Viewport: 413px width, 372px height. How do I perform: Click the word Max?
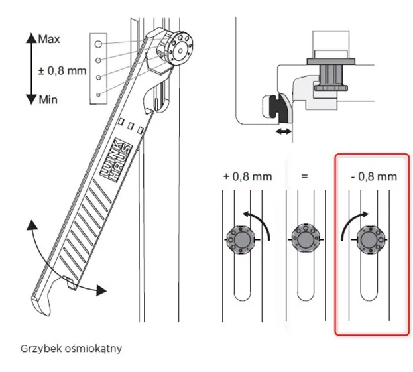[x=49, y=39]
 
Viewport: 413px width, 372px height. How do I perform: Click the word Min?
[x=48, y=99]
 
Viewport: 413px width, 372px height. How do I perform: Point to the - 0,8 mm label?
[x=373, y=176]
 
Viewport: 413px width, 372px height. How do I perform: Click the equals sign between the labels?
[x=305, y=176]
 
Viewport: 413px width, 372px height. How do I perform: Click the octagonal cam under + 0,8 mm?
[x=239, y=236]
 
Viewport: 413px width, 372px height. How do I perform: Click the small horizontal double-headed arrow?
[x=284, y=133]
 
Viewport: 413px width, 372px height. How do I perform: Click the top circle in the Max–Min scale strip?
[x=97, y=44]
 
